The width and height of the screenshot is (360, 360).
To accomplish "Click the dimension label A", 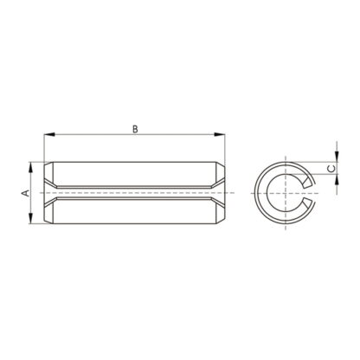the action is click(x=26, y=193).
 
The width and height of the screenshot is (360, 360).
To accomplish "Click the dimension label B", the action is click(x=135, y=129).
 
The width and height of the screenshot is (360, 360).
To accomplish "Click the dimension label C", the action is click(x=332, y=169).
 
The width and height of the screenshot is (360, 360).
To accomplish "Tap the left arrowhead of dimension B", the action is click(x=49, y=134).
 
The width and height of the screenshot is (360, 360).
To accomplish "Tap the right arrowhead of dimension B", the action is click(x=219, y=134).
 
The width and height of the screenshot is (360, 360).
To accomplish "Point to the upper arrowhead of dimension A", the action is click(x=30, y=168).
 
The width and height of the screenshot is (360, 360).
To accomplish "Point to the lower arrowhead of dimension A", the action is click(x=30, y=218).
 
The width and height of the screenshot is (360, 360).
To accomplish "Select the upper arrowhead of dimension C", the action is click(x=337, y=157).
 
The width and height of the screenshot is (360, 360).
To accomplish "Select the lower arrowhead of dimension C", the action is click(x=337, y=179).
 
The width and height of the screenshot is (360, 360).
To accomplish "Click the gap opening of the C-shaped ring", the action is click(x=309, y=193).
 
